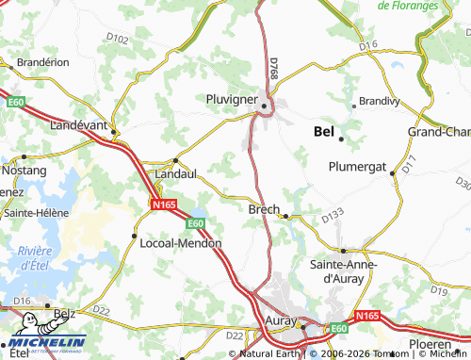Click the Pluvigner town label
pos(232,97)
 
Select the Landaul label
pos(176,173)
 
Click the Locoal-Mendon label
pos(179,242)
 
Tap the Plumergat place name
pos(357,167)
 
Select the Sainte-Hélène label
pos(37,213)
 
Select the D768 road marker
pos(273,68)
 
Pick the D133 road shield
pos(332,218)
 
